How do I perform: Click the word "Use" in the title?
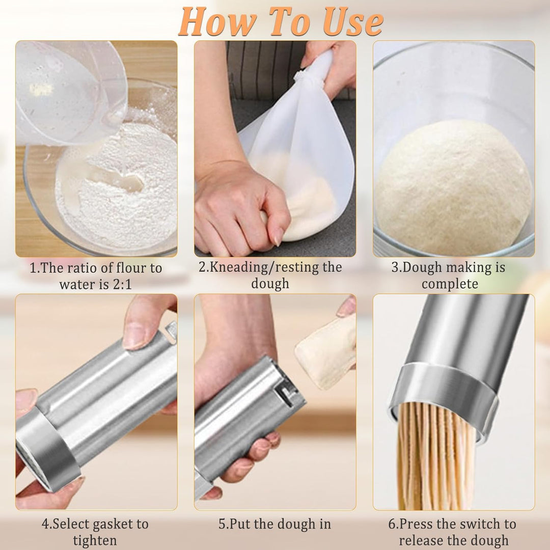pyautogui.click(x=353, y=22)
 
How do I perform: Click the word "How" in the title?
pyautogui.click(x=217, y=22)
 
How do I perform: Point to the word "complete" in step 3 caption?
pyautogui.click(x=450, y=284)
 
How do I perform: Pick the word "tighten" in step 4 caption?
pyautogui.click(x=95, y=540)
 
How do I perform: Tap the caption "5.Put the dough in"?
pyautogui.click(x=274, y=524)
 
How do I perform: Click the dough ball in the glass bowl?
pyautogui.click(x=453, y=187)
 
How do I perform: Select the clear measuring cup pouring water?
pyautogui.click(x=70, y=92)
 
